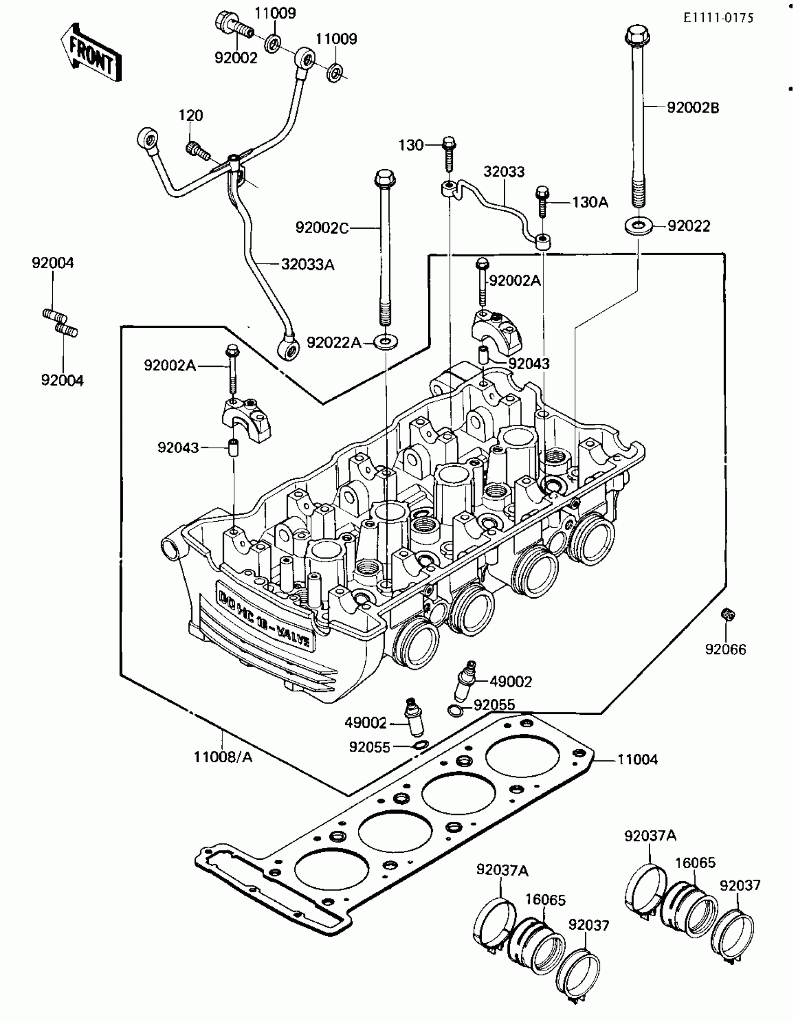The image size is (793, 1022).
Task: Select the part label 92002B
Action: (x=693, y=108)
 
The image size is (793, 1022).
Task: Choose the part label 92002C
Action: (x=322, y=228)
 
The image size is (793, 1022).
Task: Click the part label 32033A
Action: (x=307, y=265)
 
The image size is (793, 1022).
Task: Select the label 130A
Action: (x=590, y=202)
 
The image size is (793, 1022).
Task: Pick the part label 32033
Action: (x=504, y=172)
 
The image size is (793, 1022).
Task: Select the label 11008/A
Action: (x=223, y=757)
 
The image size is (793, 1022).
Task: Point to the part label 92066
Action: (x=725, y=649)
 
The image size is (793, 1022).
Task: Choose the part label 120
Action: (x=190, y=116)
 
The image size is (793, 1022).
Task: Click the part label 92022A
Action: (x=334, y=343)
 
